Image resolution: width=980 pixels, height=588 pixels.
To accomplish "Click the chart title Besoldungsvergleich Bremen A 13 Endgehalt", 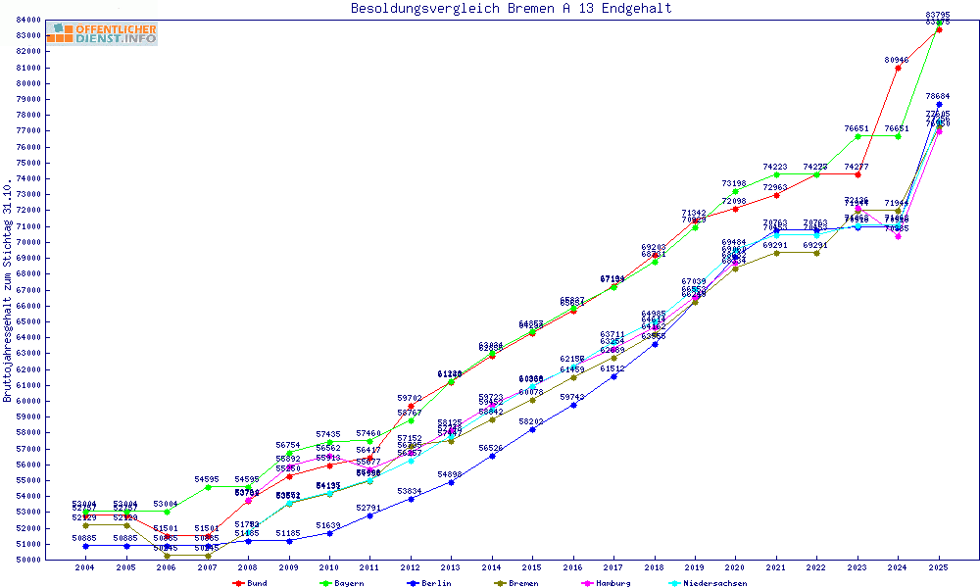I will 511,9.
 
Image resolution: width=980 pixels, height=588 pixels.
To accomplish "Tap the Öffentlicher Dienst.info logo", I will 101,33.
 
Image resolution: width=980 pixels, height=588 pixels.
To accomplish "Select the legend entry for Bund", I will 250,583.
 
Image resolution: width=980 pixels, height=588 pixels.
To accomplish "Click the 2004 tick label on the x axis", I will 85,567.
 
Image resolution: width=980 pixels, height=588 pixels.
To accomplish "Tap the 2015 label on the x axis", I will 532,567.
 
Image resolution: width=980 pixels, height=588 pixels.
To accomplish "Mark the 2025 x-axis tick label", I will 939,567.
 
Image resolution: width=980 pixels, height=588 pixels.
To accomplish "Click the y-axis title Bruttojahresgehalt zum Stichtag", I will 8,291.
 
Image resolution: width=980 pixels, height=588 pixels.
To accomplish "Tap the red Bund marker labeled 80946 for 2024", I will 898,68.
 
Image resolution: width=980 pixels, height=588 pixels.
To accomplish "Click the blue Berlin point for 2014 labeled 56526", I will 492,456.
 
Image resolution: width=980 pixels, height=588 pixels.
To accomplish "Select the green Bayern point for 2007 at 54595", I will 208,487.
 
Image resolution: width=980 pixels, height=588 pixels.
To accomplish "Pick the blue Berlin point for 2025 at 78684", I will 939,104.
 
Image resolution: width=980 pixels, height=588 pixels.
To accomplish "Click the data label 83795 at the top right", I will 938,14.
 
